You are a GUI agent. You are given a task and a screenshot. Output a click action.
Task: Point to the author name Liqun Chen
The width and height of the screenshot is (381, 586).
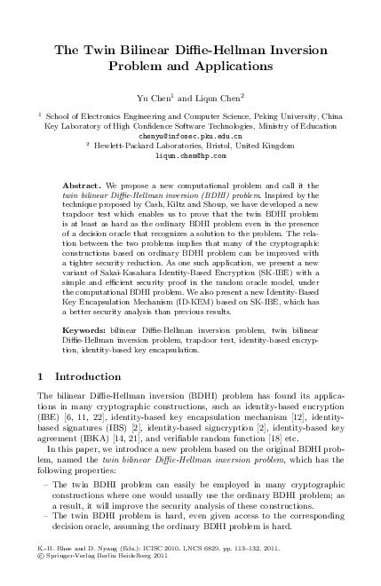218,94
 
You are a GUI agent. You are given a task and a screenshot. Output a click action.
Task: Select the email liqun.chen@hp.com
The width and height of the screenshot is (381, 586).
190,154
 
